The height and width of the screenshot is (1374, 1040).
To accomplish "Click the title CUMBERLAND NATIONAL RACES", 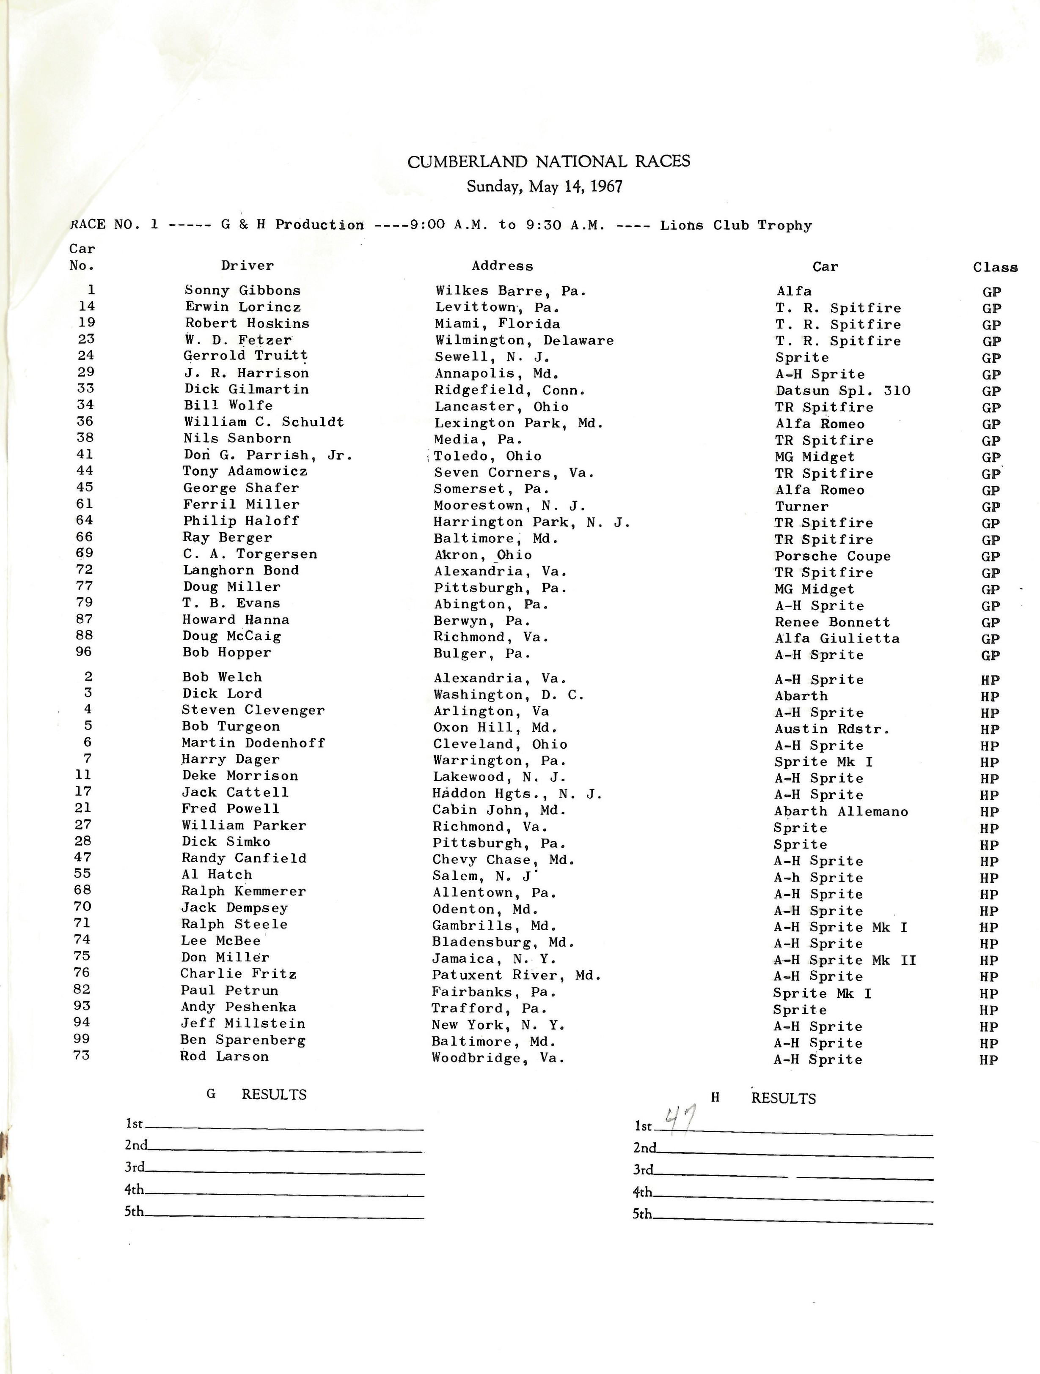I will (x=548, y=161).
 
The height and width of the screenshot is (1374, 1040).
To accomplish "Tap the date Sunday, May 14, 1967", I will (x=545, y=187).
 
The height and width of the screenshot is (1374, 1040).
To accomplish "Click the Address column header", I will (x=502, y=266).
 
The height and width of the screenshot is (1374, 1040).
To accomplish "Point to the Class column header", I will (x=995, y=267).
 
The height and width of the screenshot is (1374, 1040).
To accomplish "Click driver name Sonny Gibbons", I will (x=242, y=290).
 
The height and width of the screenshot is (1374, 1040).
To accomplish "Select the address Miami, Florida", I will (x=497, y=323).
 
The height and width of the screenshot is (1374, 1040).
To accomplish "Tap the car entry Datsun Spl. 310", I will (x=842, y=391).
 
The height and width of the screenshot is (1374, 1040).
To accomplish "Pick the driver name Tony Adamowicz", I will (x=245, y=471).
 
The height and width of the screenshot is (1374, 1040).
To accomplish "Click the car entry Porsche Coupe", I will (x=832, y=556).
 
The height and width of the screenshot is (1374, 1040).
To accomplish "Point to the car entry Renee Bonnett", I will (x=832, y=622).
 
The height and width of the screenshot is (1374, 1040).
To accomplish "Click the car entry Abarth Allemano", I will (x=840, y=811).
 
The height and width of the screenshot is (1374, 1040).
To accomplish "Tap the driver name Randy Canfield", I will (x=244, y=858).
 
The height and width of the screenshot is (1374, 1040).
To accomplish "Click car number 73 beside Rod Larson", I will (x=81, y=1055).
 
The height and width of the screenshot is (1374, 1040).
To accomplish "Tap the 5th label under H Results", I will (x=642, y=1213).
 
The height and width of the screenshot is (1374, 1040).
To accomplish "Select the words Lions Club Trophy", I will (x=735, y=225).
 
